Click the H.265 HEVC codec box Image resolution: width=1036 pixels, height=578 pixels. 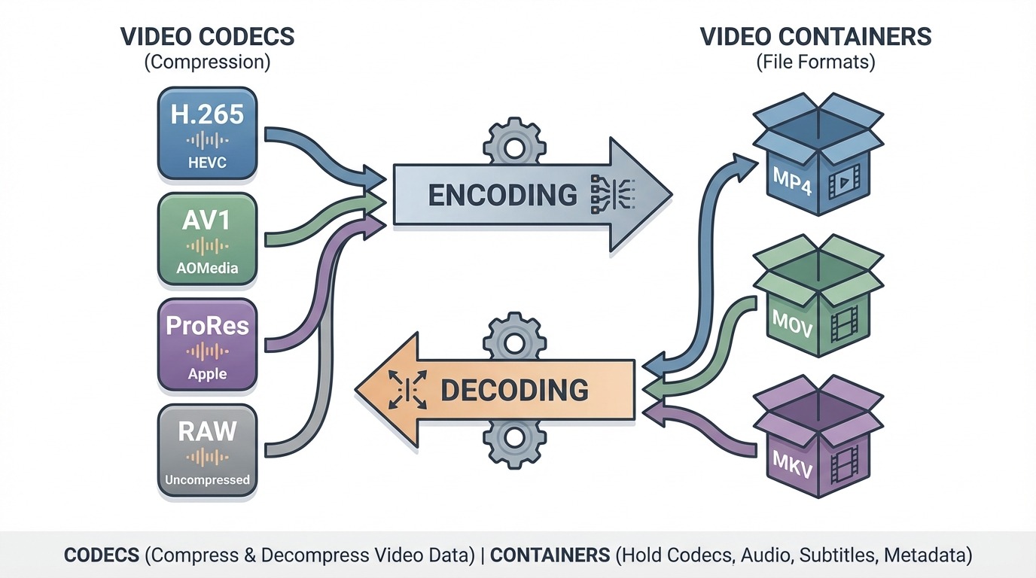[x=207, y=133]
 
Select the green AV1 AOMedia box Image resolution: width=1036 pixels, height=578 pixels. [x=207, y=239]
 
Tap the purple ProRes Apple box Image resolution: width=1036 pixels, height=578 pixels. [x=207, y=345]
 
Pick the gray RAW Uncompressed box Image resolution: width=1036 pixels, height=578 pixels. [x=207, y=451]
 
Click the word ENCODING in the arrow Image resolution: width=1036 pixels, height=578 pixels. [x=502, y=195]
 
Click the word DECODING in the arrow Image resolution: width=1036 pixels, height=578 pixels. [x=514, y=390]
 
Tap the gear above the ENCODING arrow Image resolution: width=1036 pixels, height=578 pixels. [x=513, y=144]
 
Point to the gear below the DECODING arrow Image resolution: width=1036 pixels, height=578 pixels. [x=513, y=442]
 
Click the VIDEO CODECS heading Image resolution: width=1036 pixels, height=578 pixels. [x=207, y=36]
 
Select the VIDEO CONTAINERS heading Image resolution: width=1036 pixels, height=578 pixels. [x=815, y=36]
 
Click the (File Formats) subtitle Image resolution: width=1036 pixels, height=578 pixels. [x=815, y=62]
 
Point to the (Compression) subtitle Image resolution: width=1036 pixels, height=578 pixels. [x=207, y=62]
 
